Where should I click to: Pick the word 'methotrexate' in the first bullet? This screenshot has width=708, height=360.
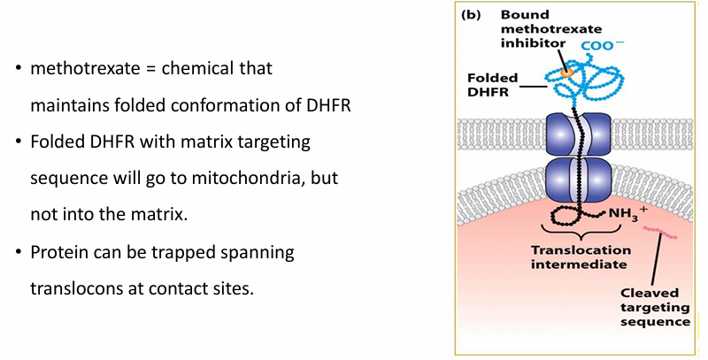[x=76, y=68]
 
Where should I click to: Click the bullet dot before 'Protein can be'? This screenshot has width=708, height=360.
[x=18, y=253]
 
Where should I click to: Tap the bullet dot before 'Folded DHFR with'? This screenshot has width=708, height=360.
[x=18, y=142]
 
